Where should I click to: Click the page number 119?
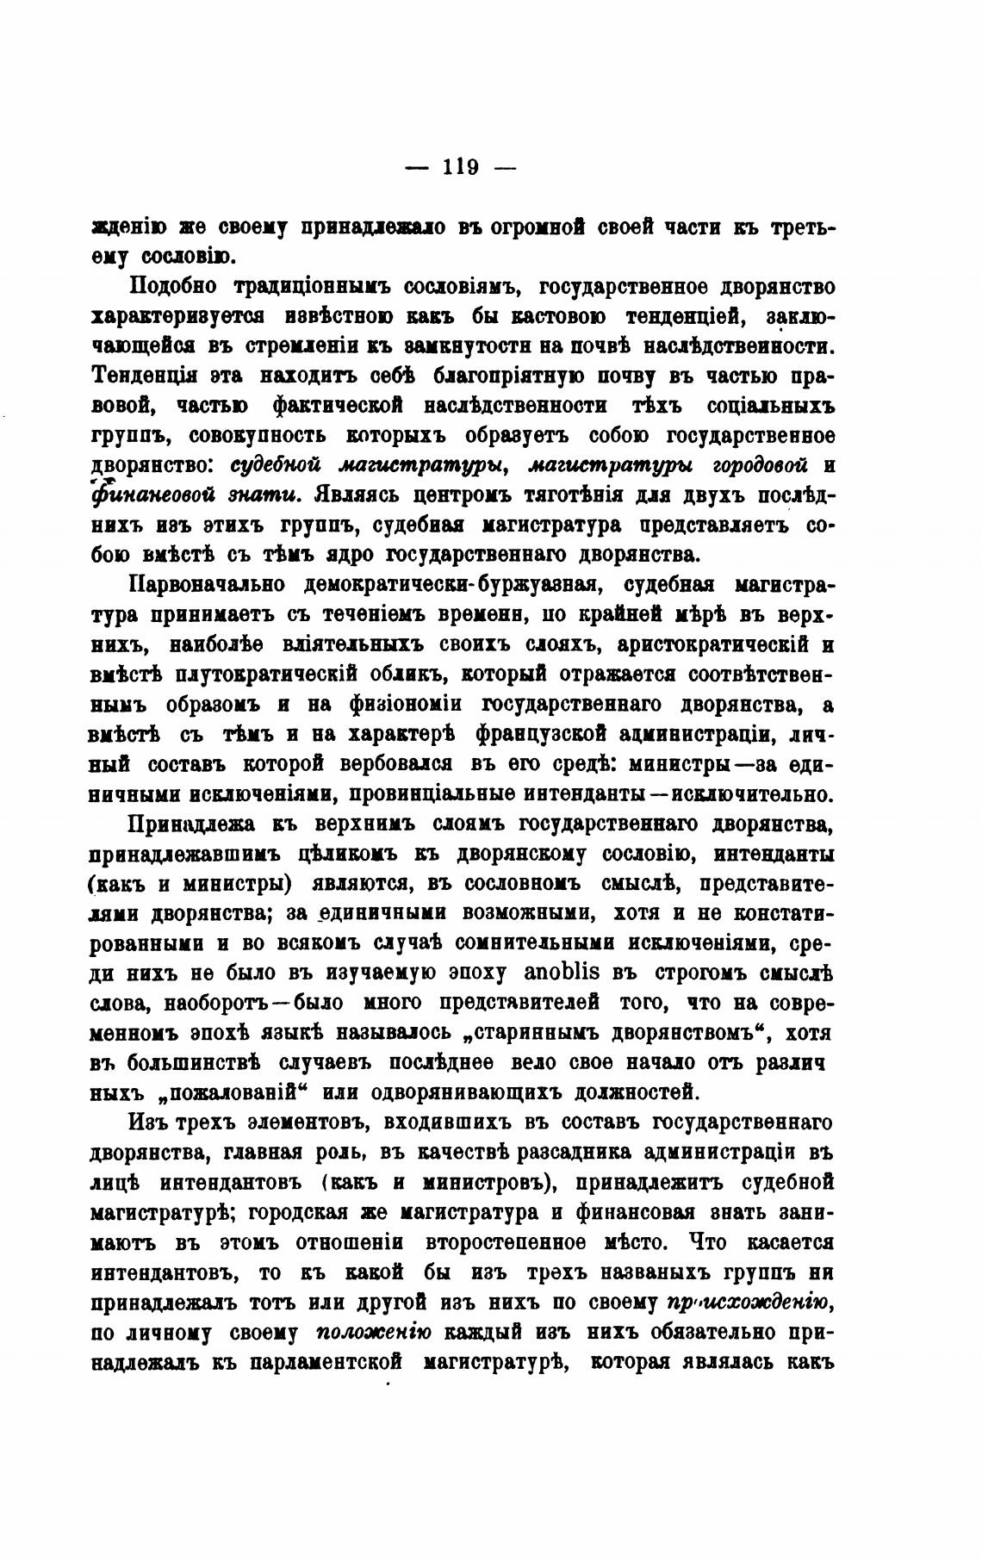click(460, 166)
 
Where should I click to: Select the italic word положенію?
click(374, 1331)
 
